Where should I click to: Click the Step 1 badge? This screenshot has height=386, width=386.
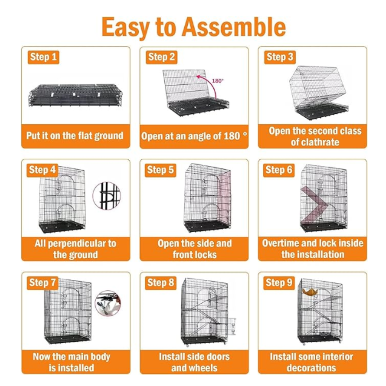click(43, 57)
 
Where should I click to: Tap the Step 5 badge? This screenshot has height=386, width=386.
click(160, 170)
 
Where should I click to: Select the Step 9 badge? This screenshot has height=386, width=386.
click(279, 283)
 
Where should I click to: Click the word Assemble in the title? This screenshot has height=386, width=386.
click(234, 27)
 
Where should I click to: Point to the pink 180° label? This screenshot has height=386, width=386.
click(218, 81)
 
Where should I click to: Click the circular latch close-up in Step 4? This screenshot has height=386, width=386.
click(107, 196)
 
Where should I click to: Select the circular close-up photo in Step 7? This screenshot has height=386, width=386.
click(108, 303)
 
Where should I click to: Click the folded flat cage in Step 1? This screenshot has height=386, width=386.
click(76, 95)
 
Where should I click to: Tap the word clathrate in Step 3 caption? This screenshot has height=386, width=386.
click(315, 142)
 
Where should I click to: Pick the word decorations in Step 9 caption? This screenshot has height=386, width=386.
click(311, 368)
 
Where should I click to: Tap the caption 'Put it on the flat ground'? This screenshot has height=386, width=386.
click(75, 136)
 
